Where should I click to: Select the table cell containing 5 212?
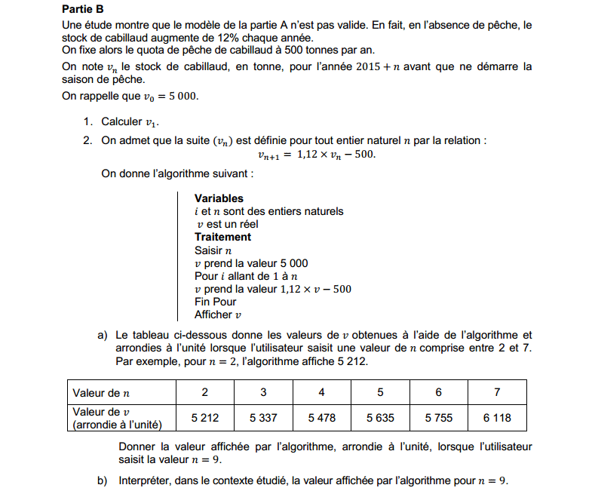click(205, 417)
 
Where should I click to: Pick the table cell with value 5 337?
click(263, 417)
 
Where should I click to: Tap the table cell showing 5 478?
click(322, 417)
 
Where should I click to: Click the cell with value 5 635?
click(380, 417)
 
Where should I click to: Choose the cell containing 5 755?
click(439, 417)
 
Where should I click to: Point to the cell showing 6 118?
click(497, 417)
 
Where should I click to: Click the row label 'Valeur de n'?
click(101, 392)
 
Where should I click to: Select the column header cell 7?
click(497, 392)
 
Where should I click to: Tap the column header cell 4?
click(322, 392)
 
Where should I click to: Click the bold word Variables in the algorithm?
click(219, 198)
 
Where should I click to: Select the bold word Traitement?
click(222, 237)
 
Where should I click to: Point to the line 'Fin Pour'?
click(215, 302)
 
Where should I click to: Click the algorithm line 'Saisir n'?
click(213, 250)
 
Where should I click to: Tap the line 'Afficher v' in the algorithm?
click(218, 315)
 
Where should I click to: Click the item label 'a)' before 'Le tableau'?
click(103, 335)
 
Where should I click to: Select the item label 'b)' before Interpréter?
click(103, 480)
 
